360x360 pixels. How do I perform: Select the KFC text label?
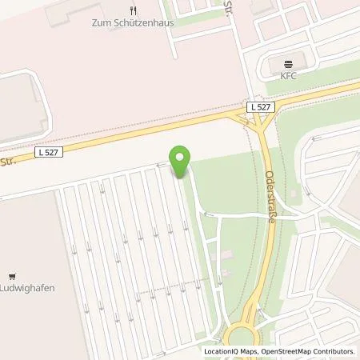[289, 75]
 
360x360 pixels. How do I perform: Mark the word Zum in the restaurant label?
[94, 23]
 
